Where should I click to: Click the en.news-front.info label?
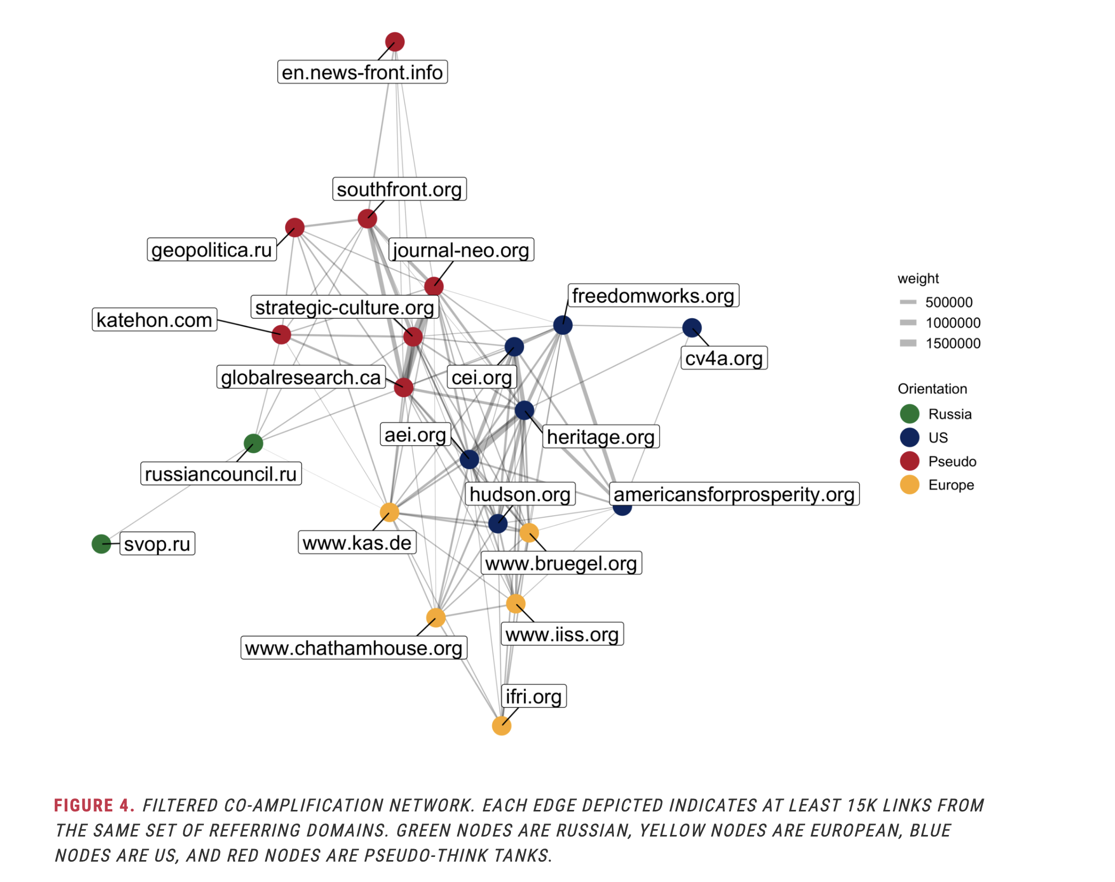click(362, 72)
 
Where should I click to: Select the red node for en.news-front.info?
click(394, 42)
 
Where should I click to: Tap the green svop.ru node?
click(101, 544)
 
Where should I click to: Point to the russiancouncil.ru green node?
click(253, 443)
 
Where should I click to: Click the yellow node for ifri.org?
click(502, 725)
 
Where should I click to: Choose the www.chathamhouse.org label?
click(354, 648)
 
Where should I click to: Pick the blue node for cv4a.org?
click(692, 328)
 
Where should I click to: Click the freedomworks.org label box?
click(653, 296)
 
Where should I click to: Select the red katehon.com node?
click(281, 334)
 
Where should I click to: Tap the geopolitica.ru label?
click(212, 250)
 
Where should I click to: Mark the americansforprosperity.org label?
click(734, 494)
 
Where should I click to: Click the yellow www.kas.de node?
click(389, 512)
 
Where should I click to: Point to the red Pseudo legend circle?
click(910, 461)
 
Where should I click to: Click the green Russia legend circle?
click(910, 414)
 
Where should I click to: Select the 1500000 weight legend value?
click(953, 343)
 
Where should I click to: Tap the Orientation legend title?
click(932, 389)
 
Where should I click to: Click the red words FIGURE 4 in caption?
click(94, 805)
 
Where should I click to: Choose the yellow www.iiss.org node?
click(516, 604)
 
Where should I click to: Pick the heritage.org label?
click(601, 437)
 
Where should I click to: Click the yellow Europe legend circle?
click(910, 485)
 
